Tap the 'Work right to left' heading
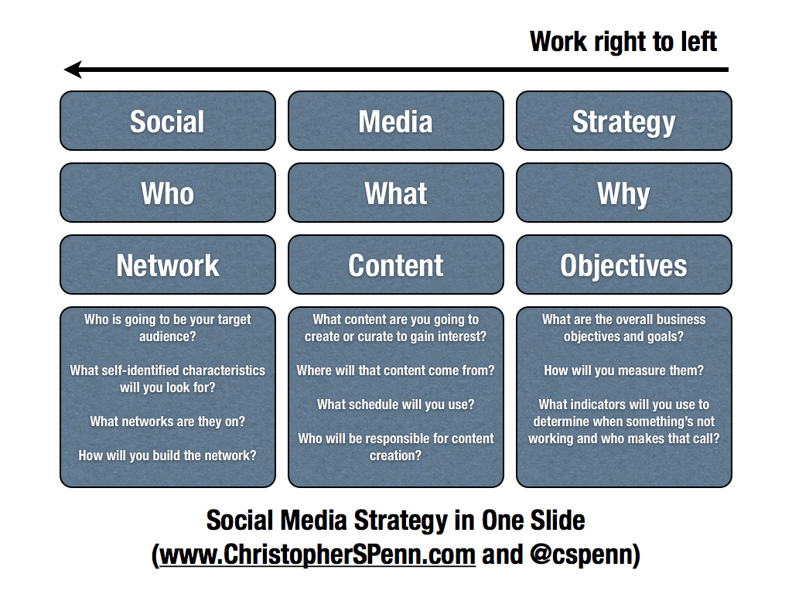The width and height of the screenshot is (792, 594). point(623,42)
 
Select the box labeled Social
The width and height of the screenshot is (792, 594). point(168,121)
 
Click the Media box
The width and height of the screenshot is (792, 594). point(396,121)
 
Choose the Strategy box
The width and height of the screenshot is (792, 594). point(624,121)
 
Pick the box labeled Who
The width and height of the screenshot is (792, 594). point(168,193)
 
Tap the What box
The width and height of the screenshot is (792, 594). point(396,193)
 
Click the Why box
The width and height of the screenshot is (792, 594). point(624,193)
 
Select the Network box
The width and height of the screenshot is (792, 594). point(168,265)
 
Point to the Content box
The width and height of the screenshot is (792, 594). point(396,265)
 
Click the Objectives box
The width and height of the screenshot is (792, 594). point(624,265)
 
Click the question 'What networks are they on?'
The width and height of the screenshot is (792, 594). point(168,422)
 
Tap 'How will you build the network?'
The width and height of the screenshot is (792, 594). point(168,456)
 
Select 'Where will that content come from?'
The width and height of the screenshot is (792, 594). point(396,370)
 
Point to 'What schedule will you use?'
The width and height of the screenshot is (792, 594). point(396,405)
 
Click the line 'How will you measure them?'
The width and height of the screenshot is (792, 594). point(624,370)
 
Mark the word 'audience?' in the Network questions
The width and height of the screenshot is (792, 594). point(168,336)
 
